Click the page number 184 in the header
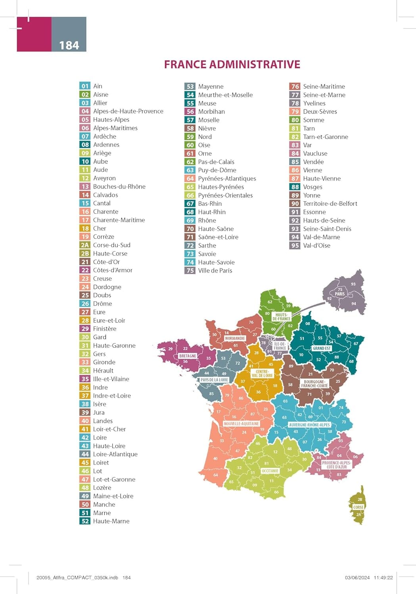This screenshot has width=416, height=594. point(69,46)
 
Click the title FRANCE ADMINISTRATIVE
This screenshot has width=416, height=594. point(232,65)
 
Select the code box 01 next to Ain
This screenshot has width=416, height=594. point(85,86)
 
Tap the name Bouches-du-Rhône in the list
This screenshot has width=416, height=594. point(119,187)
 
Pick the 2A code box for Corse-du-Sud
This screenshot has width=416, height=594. point(85,245)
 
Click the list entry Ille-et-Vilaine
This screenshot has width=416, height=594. point(111,379)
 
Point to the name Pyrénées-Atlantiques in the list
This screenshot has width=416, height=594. point(227,179)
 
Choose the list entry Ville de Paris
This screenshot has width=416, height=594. point(215,270)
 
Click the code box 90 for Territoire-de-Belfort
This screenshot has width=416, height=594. point(295,204)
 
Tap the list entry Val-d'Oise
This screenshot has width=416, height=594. point(316,246)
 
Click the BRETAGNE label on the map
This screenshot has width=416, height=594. point(188,356)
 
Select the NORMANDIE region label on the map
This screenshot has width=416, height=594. point(235,339)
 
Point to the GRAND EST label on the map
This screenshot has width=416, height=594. point(322,348)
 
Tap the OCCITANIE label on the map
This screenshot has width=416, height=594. point(270,471)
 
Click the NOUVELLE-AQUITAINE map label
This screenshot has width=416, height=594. point(241,424)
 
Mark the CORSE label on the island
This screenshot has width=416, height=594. point(358,507)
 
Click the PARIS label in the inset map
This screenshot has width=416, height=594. point(339,294)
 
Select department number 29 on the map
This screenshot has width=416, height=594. point(171,349)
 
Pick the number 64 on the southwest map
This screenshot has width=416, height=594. point(215,475)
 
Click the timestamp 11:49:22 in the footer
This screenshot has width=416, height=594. point(383,578)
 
